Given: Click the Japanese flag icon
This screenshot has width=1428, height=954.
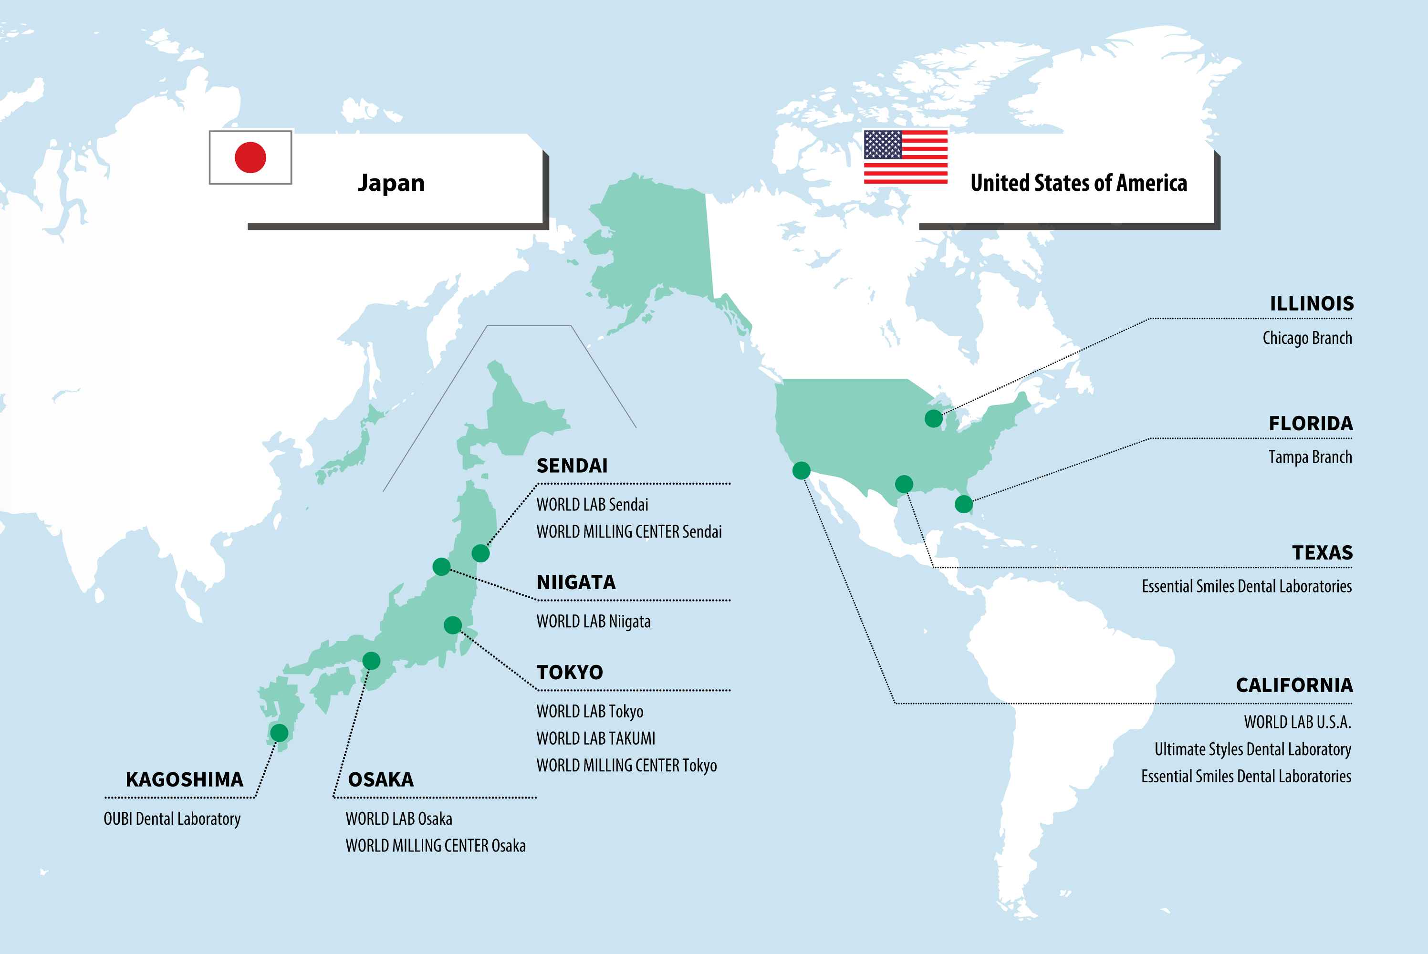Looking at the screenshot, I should pos(250,157).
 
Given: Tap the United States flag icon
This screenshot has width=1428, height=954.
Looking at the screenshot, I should pos(906,157).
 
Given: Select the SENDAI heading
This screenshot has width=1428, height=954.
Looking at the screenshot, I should pos(572,466).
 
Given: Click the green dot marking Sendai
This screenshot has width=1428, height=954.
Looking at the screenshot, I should pos(480,553).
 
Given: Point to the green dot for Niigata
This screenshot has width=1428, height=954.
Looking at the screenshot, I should pos(441,567).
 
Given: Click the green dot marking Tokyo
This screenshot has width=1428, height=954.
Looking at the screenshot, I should pos(453,625).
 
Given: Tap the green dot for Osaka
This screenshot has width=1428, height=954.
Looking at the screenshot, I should pos(371,660).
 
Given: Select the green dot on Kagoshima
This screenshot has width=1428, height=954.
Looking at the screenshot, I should pos(279,733).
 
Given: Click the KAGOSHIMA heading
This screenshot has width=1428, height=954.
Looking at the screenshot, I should pos(184,779).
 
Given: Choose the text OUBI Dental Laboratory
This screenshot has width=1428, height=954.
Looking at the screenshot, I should pos(172,819).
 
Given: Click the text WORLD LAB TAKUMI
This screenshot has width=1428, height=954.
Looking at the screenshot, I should pos(595,738).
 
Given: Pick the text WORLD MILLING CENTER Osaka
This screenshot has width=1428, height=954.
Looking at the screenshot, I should pos(436,846).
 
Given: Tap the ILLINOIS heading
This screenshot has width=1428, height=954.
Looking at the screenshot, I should pos(1311,303).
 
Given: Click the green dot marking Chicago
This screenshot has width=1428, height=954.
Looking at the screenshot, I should pos(933,419).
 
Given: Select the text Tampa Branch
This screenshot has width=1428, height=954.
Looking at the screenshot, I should pos(1310,457).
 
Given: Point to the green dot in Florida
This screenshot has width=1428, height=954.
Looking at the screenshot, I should pos(963,504).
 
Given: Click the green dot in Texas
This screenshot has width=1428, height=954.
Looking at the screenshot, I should pos(904,484).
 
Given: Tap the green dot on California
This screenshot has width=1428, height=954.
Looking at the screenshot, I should pos(801,470).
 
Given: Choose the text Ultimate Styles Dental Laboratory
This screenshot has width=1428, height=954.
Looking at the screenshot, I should pos(1253,749).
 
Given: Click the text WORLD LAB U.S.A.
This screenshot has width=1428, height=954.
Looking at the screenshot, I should pos(1297,722).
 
